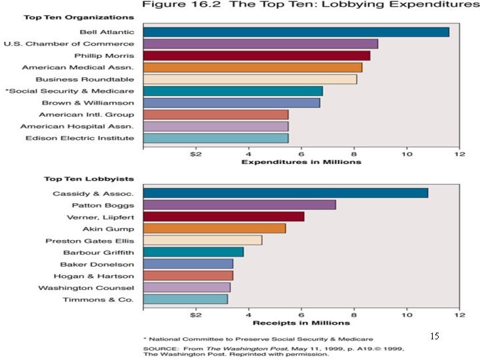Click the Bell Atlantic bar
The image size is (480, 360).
295,32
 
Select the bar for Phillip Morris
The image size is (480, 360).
256,55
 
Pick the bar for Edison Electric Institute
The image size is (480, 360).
215,138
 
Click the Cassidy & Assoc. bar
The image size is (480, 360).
285,193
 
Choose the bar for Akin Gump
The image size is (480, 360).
214,229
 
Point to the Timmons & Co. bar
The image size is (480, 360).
185,299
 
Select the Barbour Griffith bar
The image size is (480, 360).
193,252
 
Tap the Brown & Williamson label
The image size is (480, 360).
88,103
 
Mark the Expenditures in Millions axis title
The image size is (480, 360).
301,162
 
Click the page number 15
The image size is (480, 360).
435,337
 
